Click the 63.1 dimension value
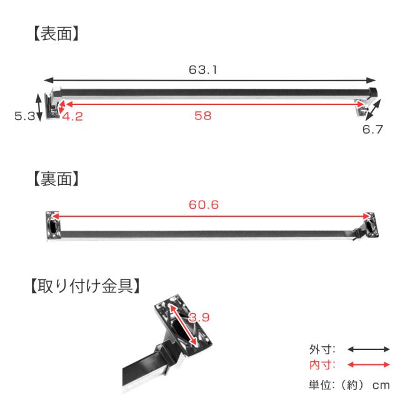(202, 70)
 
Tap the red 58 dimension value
(202, 116)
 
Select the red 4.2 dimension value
(72, 117)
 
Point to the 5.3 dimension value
(24, 116)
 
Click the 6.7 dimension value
(372, 129)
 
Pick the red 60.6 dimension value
(204, 204)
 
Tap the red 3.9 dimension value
(199, 317)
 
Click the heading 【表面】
(56, 33)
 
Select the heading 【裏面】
(56, 179)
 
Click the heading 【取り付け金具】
(85, 286)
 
